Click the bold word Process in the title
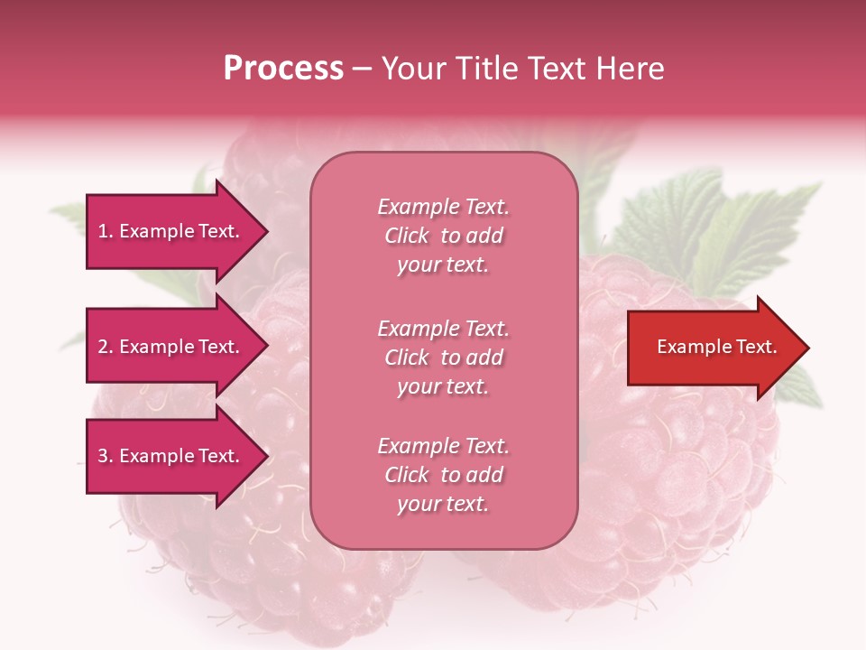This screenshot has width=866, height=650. point(283,69)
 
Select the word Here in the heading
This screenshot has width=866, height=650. point(632,69)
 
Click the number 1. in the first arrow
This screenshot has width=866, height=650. point(106,231)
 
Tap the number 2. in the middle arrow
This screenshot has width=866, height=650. point(106,347)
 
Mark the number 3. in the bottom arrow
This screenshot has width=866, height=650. point(106,456)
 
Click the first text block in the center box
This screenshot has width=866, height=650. point(443,236)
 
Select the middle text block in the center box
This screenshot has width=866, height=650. point(443,357)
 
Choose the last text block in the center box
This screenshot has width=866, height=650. point(443,475)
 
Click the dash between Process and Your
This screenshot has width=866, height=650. point(363,69)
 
